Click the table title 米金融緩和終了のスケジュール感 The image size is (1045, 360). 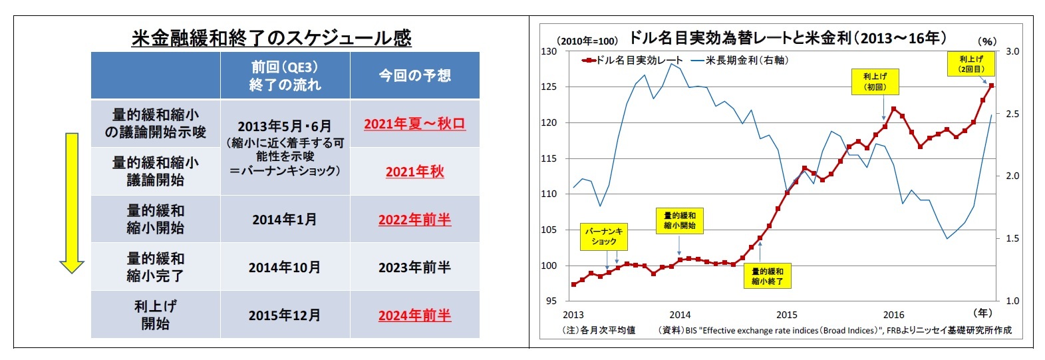271,38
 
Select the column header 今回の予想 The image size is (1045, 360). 414,76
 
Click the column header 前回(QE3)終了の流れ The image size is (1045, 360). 285,76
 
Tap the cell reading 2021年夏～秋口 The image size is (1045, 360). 414,124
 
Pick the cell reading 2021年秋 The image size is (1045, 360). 414,172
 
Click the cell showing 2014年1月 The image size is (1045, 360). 285,220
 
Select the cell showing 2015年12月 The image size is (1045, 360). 285,315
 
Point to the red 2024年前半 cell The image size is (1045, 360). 414,315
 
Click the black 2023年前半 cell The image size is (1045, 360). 414,268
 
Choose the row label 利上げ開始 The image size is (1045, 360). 155,315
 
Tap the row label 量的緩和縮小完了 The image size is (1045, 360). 155,267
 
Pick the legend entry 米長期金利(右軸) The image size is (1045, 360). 740,61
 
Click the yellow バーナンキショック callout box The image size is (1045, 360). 603,236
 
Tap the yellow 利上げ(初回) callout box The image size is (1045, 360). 875,82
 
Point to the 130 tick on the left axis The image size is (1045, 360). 549,51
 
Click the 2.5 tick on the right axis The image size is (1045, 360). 1012,114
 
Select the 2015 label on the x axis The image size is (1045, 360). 786,315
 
